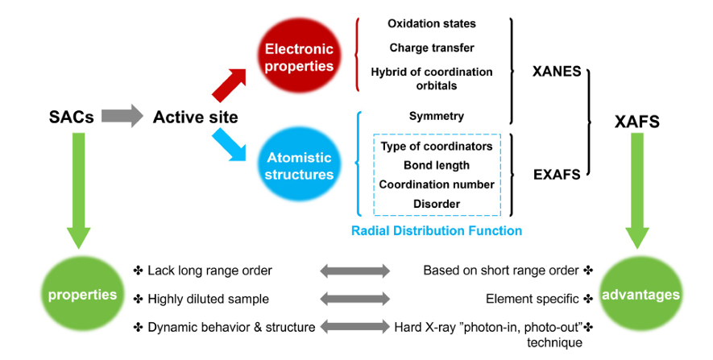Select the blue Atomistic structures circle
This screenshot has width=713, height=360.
[x=296, y=166]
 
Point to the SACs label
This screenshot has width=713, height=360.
[x=71, y=118]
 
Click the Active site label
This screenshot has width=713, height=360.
[x=195, y=118]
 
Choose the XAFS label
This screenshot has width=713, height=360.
[x=637, y=122]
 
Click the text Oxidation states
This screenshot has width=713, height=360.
[x=431, y=23]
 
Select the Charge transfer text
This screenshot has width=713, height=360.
[x=431, y=48]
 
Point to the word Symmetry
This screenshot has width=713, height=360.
[x=436, y=117]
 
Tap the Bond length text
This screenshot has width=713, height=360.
[x=436, y=165]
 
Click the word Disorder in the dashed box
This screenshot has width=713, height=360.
[x=436, y=204]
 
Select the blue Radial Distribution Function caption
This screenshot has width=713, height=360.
[x=436, y=231]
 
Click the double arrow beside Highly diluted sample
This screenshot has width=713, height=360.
[x=354, y=299]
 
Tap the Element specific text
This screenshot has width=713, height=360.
[x=533, y=299]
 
